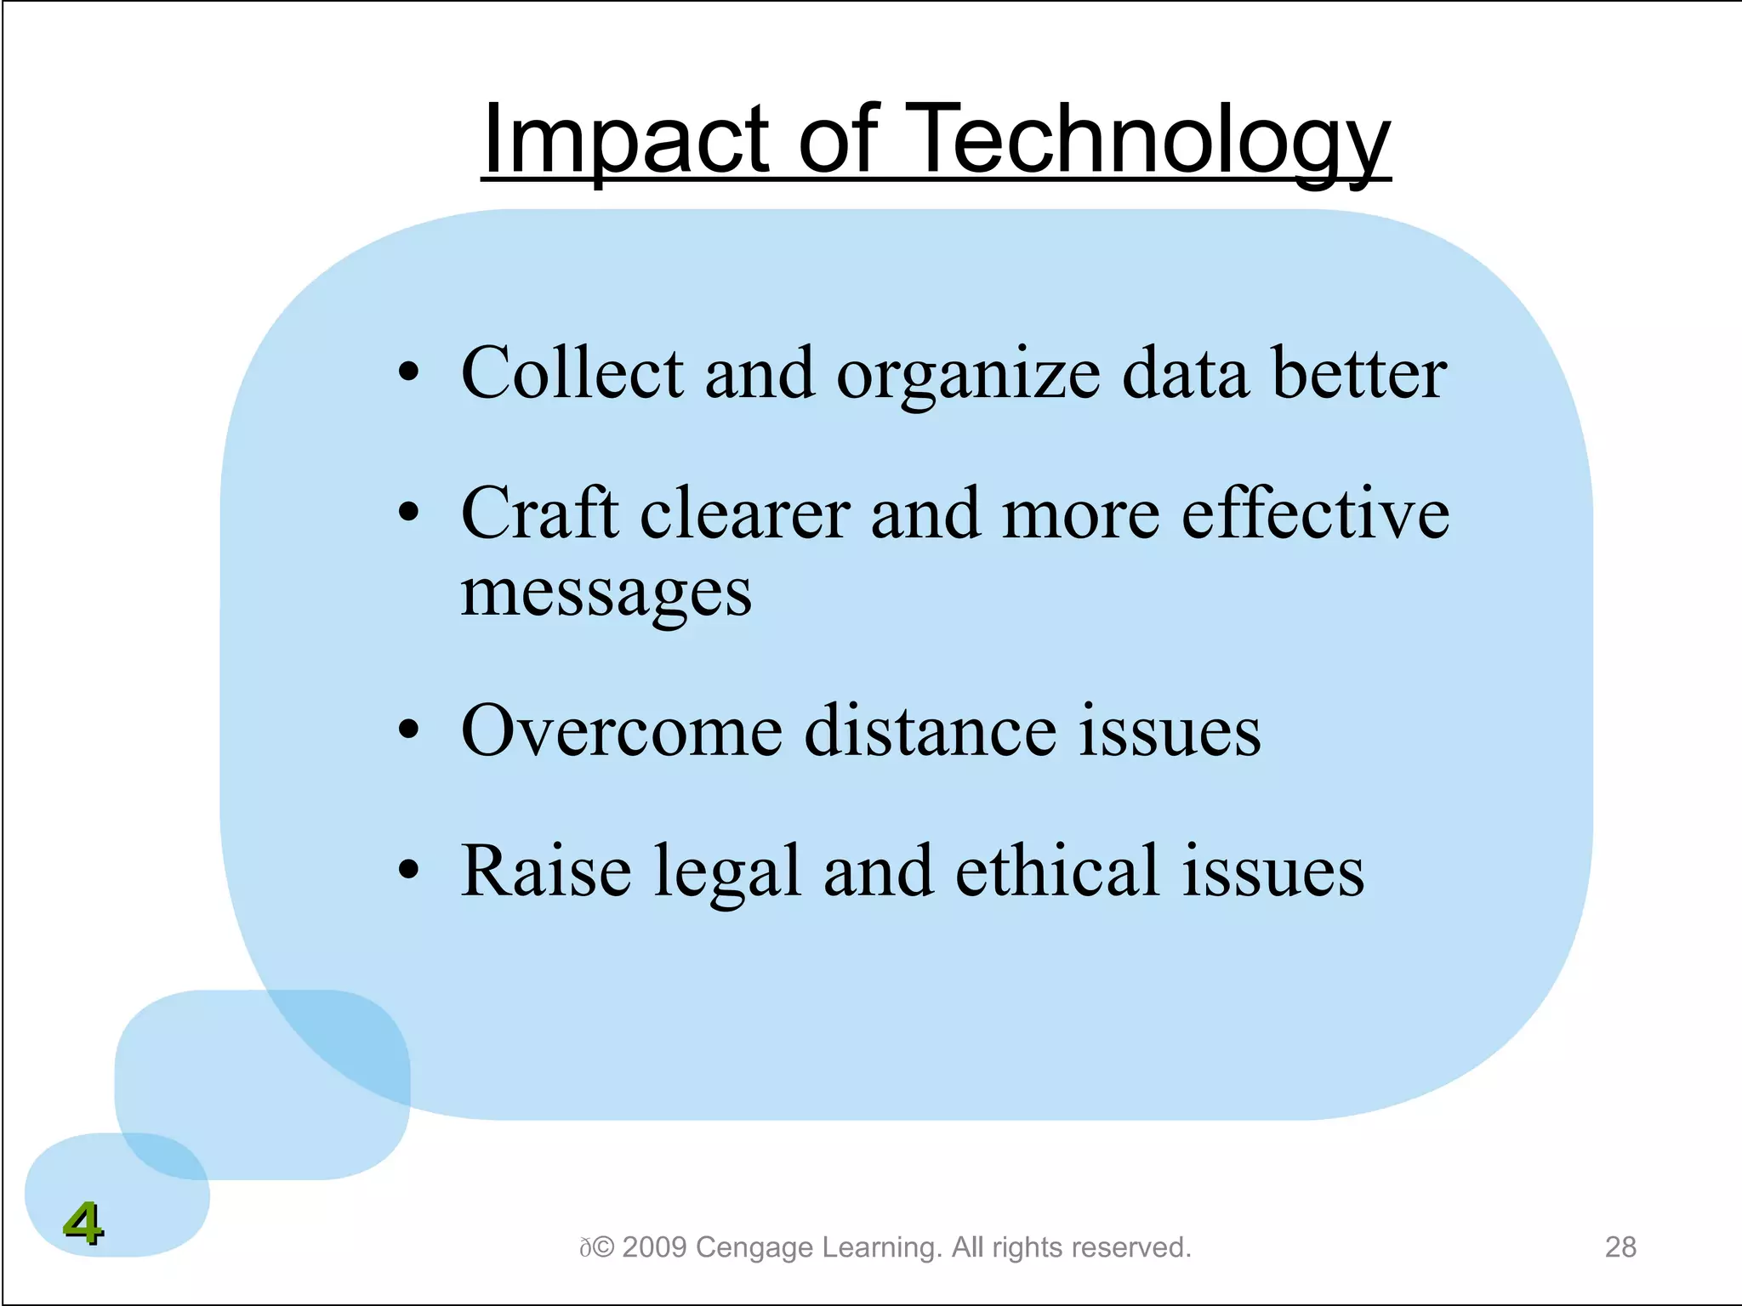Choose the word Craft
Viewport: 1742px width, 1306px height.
539,514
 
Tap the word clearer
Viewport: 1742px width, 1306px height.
744,514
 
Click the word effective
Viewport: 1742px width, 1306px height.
1315,514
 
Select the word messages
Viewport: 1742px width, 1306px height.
606,593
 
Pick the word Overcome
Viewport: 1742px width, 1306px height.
621,730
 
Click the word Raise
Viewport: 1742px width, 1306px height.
545,871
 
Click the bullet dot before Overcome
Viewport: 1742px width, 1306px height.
409,730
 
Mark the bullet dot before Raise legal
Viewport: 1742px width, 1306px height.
409,870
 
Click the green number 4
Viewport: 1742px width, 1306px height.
83,1224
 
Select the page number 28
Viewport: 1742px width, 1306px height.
1620,1246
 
